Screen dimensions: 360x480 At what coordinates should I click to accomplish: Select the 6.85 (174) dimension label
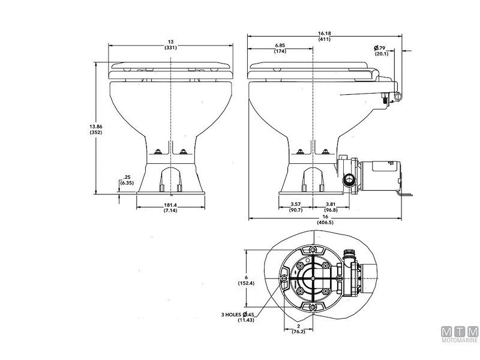pos(280,49)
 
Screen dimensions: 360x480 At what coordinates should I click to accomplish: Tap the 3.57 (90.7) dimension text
pos(295,207)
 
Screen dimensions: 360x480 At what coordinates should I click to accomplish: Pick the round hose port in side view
pos(348,179)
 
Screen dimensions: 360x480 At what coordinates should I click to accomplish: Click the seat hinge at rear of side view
pos(396,96)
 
